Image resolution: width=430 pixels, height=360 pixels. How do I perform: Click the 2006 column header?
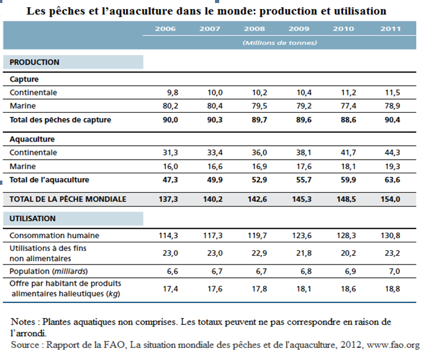[x=165, y=28]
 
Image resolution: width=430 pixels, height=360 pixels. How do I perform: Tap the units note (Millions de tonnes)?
[x=279, y=43]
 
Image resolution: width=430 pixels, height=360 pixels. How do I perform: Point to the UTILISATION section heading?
[x=33, y=219]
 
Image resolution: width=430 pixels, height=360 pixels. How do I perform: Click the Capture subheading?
[x=24, y=79]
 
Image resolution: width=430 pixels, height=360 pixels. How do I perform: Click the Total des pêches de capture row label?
[x=60, y=120]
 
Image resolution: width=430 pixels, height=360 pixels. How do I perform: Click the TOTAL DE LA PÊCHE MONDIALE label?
[x=68, y=199]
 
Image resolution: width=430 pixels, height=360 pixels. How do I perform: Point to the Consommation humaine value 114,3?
[x=168, y=236]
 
